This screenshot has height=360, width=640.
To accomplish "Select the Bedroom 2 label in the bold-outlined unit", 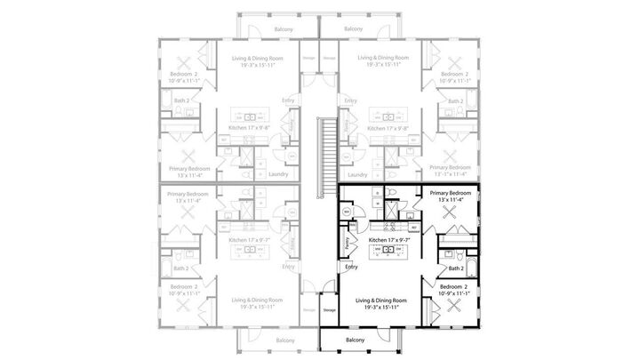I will (x=455, y=286).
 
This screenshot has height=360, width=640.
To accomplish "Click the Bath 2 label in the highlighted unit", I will (x=456, y=268).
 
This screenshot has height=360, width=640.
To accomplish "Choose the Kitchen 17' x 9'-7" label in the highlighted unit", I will (x=388, y=240).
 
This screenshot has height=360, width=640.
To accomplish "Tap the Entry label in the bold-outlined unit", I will (x=351, y=267).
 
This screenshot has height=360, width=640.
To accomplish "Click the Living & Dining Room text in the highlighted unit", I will (x=388, y=300).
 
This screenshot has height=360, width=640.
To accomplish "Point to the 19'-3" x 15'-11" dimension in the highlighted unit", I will (x=388, y=308).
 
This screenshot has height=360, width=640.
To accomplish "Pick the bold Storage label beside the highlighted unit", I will (x=329, y=309).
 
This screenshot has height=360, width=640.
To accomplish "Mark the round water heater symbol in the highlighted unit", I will (x=347, y=212).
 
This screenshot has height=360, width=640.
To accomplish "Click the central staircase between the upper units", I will (x=329, y=148).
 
